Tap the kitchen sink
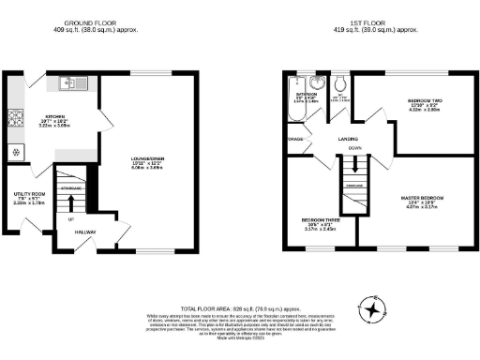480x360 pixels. click(x=67, y=82)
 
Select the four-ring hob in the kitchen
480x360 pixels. click(x=15, y=118)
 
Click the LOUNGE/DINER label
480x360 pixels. click(x=147, y=159)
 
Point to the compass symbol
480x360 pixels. click(x=374, y=308)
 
